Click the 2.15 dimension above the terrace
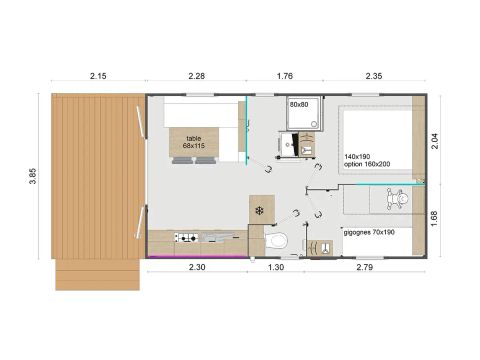click(98, 77)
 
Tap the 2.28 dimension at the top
click(196, 77)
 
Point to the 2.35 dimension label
click(374, 77)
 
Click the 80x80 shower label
click(299, 104)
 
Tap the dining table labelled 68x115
click(193, 144)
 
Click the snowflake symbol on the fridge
click(258, 210)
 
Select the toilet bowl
click(280, 240)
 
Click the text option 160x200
click(365, 164)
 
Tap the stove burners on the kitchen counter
click(185, 238)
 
